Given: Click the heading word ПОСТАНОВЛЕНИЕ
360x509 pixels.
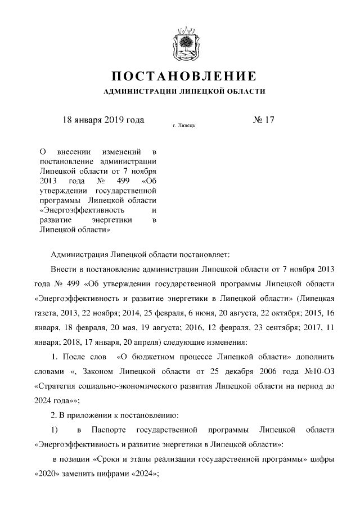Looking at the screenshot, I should click(184, 76).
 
